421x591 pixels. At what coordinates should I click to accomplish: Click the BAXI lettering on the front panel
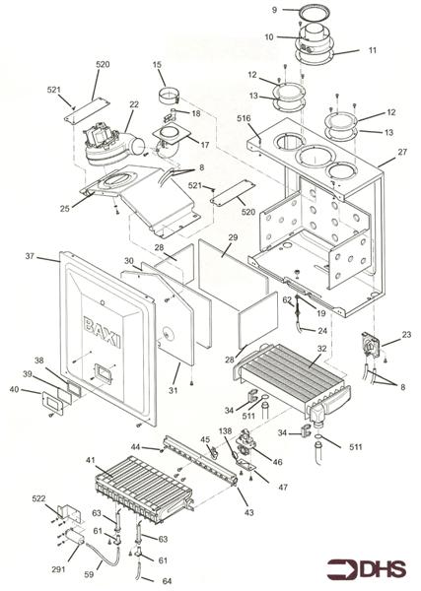pyautogui.click(x=102, y=333)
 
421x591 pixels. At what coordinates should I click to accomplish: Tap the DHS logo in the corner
pyautogui.click(x=367, y=569)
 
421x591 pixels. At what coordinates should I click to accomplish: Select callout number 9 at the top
pyautogui.click(x=275, y=10)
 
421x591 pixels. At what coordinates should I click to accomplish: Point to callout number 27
pyautogui.click(x=402, y=152)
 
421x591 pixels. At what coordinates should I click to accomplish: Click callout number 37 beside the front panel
pyautogui.click(x=30, y=256)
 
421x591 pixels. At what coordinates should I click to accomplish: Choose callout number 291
pyautogui.click(x=58, y=569)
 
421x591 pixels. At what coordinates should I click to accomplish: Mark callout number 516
pyautogui.click(x=244, y=118)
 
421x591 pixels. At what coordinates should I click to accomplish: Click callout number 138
pyautogui.click(x=227, y=429)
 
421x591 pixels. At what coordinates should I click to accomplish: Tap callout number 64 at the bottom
pyautogui.click(x=167, y=581)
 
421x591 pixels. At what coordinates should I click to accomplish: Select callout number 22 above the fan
pyautogui.click(x=134, y=104)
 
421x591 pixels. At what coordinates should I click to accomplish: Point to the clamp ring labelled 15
pyautogui.click(x=169, y=97)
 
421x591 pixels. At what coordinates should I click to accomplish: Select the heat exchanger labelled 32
pyautogui.click(x=293, y=379)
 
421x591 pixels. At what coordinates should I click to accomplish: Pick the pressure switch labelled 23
pyautogui.click(x=371, y=344)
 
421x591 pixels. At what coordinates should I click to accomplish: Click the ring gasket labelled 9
pyautogui.click(x=314, y=13)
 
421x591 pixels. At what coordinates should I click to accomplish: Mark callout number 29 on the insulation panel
pyautogui.click(x=233, y=237)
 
